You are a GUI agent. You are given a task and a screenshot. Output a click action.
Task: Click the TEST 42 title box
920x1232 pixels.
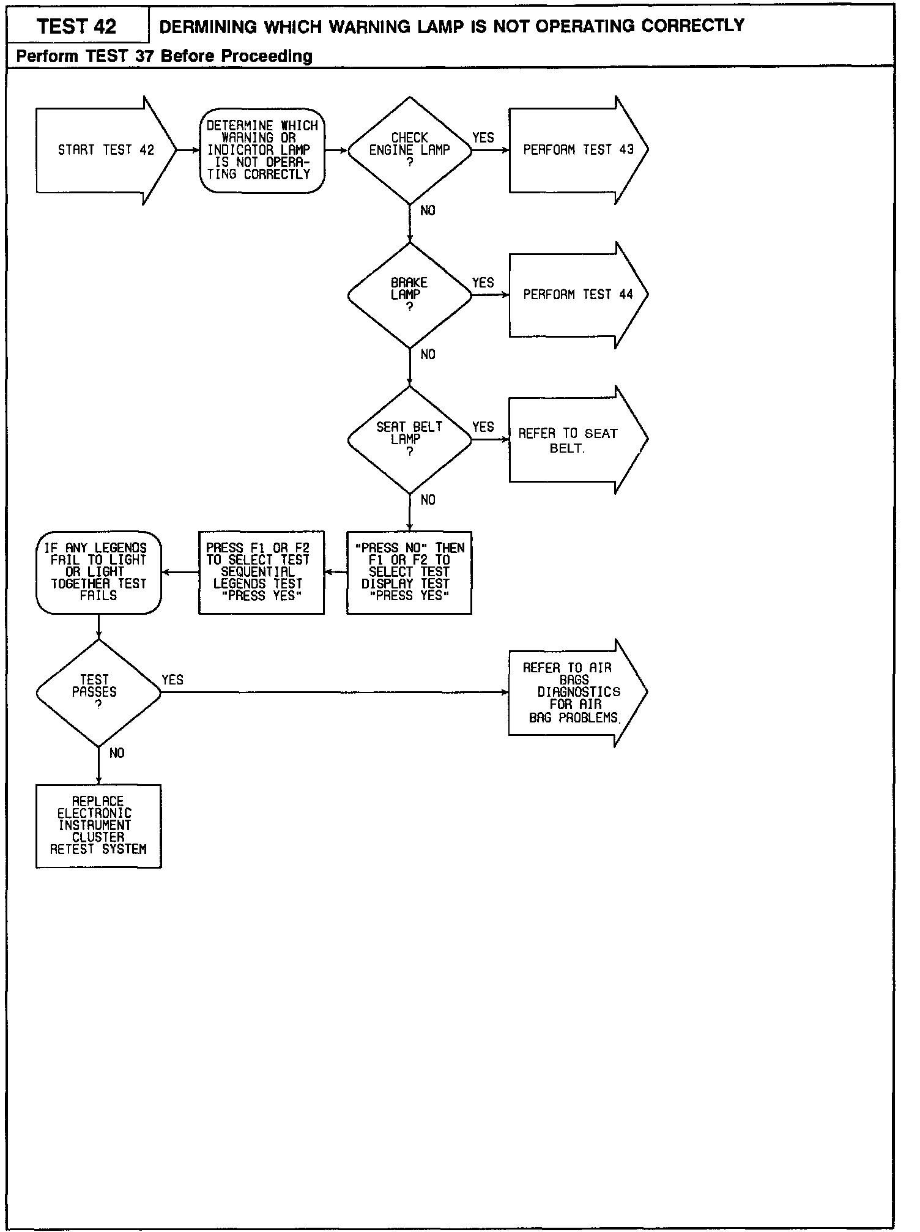pos(77,26)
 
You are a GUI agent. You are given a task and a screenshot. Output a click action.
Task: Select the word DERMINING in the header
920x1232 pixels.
pos(208,26)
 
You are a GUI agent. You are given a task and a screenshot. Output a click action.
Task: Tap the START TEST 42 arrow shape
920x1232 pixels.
pos(105,150)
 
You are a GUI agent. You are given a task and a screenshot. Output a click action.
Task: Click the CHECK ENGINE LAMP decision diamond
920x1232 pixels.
pos(410,150)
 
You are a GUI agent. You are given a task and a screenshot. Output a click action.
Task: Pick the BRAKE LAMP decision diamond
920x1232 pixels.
pos(410,295)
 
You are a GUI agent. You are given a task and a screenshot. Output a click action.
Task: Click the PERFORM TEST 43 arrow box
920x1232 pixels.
pos(577,150)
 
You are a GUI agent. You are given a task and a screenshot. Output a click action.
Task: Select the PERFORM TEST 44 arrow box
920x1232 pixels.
pos(577,295)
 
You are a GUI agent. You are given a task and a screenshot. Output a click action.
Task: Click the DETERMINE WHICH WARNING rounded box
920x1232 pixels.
pos(262,150)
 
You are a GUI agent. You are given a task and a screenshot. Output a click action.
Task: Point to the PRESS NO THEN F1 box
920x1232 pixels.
pos(409,572)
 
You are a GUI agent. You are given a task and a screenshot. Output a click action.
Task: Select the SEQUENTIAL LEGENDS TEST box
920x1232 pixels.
pos(261,572)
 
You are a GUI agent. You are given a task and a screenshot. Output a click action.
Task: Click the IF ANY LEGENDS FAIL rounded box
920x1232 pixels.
pos(98,572)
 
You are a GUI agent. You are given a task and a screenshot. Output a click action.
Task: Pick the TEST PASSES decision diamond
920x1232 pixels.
pos(98,692)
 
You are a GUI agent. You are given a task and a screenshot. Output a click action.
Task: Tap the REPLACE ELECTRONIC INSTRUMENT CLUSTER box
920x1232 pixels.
pos(98,826)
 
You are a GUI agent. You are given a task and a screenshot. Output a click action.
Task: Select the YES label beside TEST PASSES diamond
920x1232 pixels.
pos(172,680)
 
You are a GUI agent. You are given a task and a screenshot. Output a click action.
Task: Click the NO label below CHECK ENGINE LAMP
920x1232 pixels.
pos(428,210)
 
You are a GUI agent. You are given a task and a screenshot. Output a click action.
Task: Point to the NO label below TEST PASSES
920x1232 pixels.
pos(117,754)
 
